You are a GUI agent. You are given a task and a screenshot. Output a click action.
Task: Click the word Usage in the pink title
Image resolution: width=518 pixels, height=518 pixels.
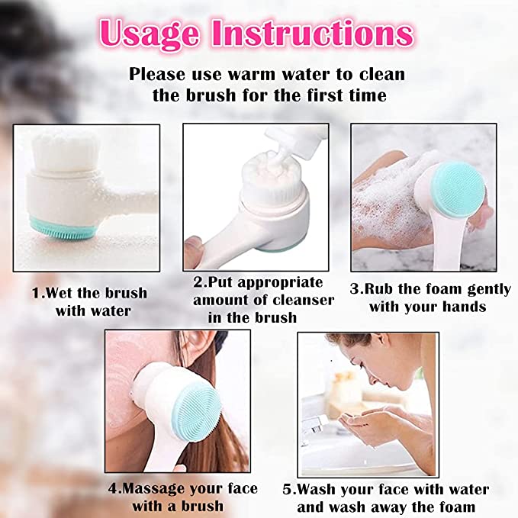(150, 34)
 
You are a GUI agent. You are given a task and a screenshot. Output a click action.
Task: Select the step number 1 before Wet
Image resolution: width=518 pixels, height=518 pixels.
(37, 293)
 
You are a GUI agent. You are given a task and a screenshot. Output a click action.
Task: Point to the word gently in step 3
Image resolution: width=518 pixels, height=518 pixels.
(490, 290)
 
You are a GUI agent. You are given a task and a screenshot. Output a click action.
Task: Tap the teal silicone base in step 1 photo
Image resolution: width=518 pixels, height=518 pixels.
(63, 229)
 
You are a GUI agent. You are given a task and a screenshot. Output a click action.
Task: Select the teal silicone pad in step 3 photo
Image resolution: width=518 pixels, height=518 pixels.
(458, 191)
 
